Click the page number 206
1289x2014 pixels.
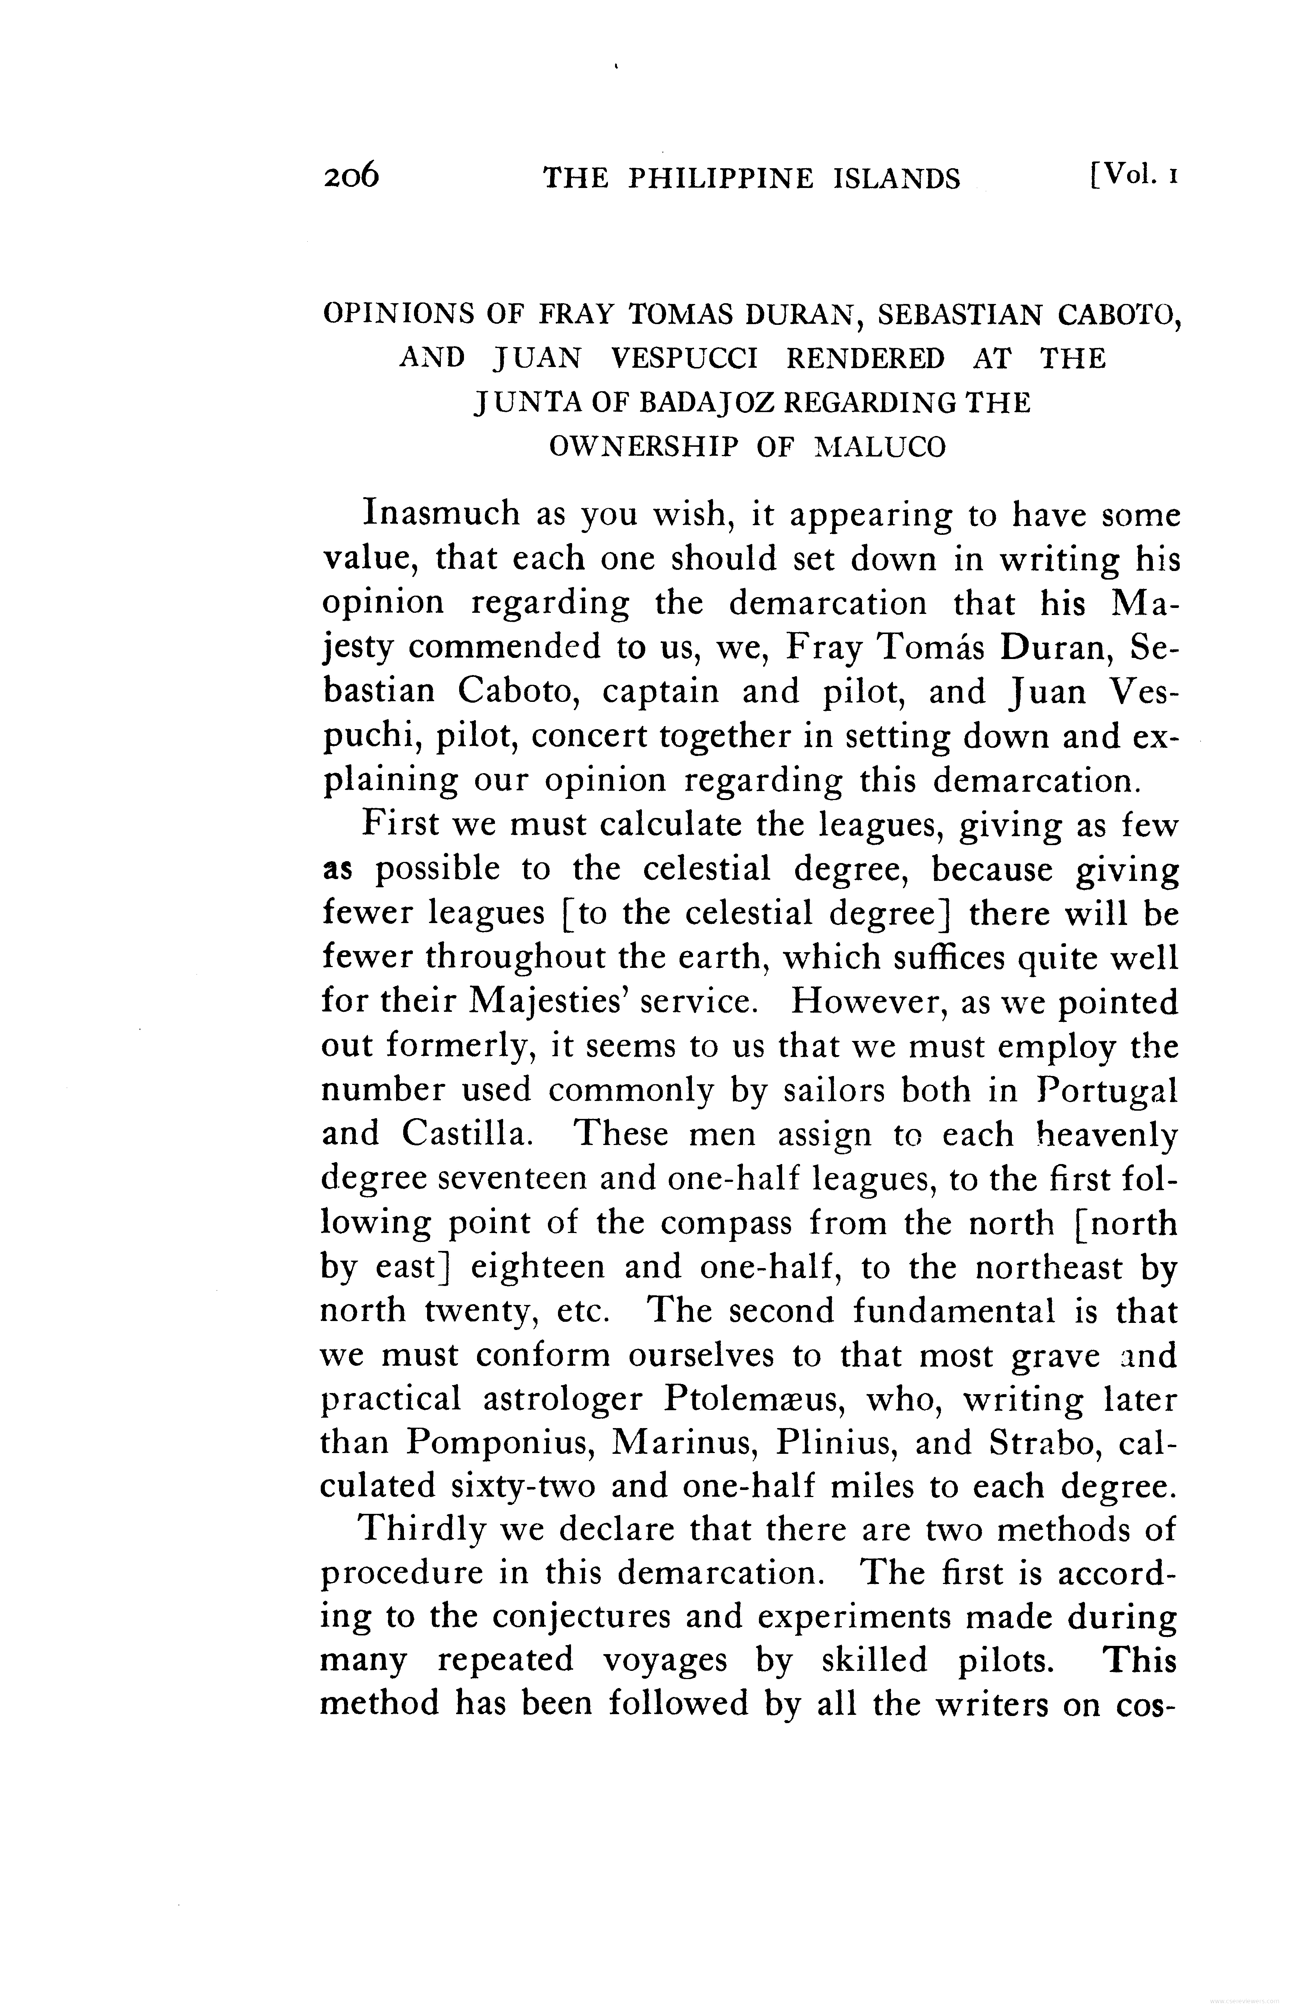click(x=351, y=178)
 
